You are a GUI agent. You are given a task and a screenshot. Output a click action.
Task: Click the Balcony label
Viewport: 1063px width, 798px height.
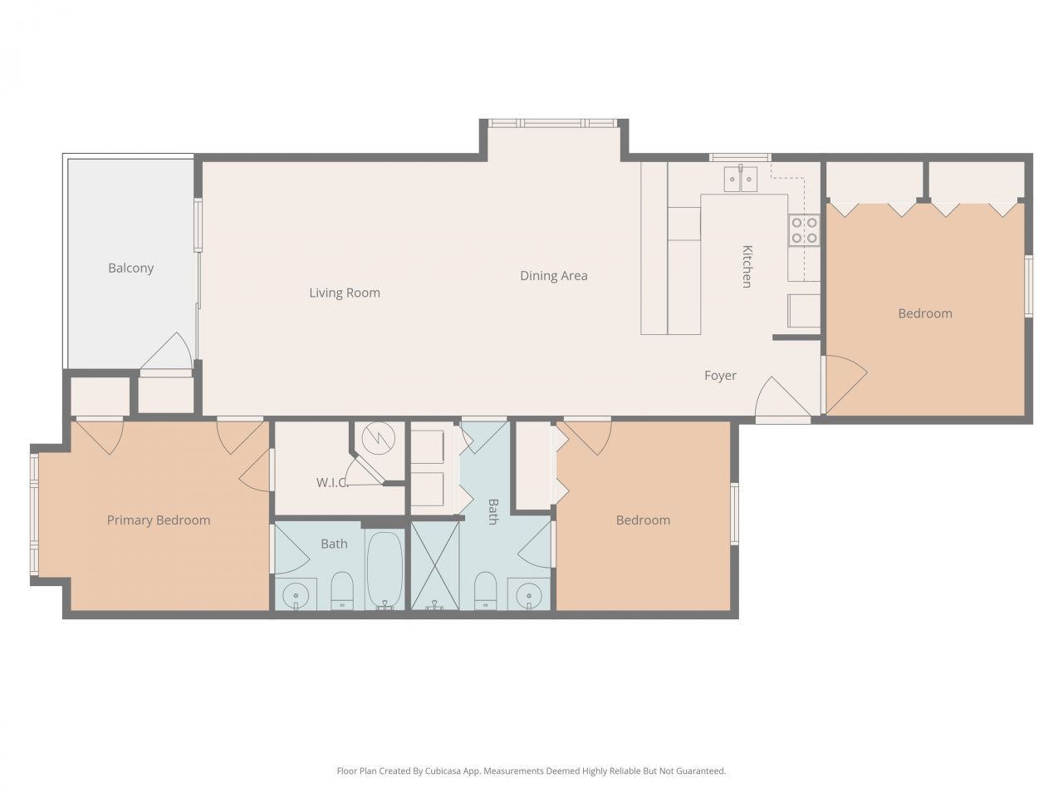(130, 268)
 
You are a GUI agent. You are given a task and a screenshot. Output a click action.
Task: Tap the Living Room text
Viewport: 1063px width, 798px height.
(345, 293)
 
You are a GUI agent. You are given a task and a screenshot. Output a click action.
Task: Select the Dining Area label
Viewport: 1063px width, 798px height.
(553, 276)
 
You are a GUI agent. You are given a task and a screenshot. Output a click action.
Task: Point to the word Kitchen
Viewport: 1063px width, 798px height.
(747, 266)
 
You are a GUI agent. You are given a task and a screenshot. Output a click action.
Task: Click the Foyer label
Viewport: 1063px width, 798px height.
(720, 376)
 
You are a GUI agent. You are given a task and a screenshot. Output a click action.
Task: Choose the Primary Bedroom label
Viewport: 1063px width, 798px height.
(159, 520)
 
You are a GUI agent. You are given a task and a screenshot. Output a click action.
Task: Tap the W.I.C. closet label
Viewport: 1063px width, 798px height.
(331, 483)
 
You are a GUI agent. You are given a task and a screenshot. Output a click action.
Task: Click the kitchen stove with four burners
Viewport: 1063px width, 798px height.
(804, 229)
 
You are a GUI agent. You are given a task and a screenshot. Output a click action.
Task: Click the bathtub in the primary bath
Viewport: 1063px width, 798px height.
(385, 569)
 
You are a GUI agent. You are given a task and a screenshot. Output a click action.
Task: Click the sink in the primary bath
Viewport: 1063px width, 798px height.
(294, 595)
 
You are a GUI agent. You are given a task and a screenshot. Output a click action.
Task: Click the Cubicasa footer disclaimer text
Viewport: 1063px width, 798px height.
(531, 771)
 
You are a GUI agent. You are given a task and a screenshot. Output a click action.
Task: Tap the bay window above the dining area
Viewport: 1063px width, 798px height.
(553, 123)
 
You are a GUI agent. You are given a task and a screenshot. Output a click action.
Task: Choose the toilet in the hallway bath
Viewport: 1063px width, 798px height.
(485, 591)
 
